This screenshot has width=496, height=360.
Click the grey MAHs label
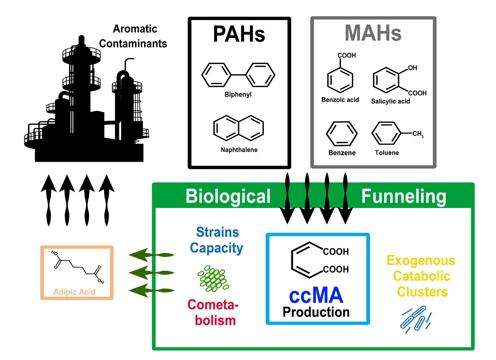373,33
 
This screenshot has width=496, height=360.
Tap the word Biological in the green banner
228,196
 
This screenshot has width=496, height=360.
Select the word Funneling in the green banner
404,196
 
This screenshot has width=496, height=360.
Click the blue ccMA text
316,295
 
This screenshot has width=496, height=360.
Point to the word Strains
217,232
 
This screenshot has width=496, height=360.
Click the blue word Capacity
216,248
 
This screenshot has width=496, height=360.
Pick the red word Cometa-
213,305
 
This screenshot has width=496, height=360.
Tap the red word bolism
215,320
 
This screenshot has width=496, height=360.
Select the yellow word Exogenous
421,261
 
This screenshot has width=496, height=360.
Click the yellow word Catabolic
422,276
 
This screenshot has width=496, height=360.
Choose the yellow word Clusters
422,292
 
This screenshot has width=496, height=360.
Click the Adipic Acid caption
74,292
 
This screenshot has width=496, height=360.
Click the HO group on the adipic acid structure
55,253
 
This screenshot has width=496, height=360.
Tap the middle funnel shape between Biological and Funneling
317,195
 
